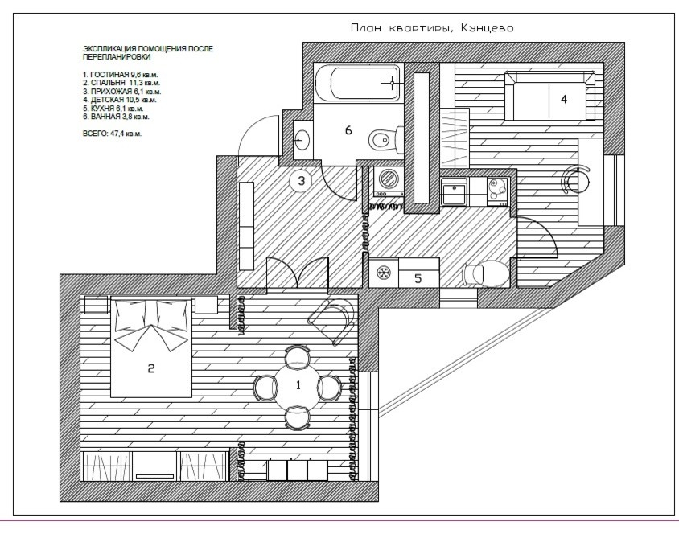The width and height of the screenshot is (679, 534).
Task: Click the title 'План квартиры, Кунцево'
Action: click(x=432, y=28)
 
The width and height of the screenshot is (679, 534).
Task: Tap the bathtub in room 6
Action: click(x=357, y=82)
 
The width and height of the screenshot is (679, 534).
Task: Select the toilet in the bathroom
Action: click(x=386, y=139)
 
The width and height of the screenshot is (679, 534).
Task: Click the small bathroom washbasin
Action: click(x=301, y=140)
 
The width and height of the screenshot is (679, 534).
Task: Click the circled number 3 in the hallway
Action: click(x=302, y=180)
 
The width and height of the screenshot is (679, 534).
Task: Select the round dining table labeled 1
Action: click(x=298, y=386)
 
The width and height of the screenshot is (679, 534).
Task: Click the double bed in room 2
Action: click(x=151, y=346)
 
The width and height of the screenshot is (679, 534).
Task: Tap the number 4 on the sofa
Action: click(x=564, y=99)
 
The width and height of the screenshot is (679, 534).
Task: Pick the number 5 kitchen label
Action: click(x=418, y=278)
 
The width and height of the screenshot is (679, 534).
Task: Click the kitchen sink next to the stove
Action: click(x=453, y=191)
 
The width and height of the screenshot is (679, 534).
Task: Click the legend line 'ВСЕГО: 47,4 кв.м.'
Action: click(x=112, y=133)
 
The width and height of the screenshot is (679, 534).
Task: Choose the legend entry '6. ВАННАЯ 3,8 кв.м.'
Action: click(x=116, y=117)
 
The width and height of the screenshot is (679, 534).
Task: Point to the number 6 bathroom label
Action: click(x=348, y=129)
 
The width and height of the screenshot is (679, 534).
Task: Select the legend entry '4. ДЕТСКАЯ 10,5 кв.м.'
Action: click(x=120, y=100)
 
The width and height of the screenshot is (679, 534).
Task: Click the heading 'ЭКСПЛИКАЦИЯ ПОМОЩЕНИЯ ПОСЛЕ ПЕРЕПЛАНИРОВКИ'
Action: click(x=148, y=52)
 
